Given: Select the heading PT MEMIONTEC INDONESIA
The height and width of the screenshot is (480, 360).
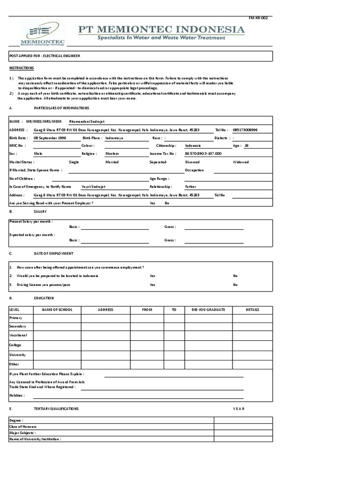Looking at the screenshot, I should [x=161, y=30].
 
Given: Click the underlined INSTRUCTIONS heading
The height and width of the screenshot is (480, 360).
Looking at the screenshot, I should [x=22, y=68].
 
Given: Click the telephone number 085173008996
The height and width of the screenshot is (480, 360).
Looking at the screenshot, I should [x=245, y=130].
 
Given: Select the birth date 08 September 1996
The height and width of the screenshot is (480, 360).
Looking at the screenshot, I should [x=50, y=138].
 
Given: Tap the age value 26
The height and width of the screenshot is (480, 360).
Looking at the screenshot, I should [x=247, y=146].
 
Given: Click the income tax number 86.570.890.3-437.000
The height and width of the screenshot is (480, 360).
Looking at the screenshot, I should [x=203, y=154].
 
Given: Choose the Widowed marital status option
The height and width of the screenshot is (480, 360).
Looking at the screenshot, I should [x=241, y=162].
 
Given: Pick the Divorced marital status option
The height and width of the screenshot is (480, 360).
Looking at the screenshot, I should [x=193, y=162].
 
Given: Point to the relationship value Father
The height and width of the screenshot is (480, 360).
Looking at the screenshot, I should [x=191, y=187].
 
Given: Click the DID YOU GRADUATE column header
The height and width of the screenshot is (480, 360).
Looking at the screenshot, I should [x=209, y=310].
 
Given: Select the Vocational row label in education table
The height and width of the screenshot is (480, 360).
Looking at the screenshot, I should [x=18, y=335].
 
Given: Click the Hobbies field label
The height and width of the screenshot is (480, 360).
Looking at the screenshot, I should [x=17, y=396].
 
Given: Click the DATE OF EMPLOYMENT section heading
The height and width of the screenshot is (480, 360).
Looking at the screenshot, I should [x=53, y=254].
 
